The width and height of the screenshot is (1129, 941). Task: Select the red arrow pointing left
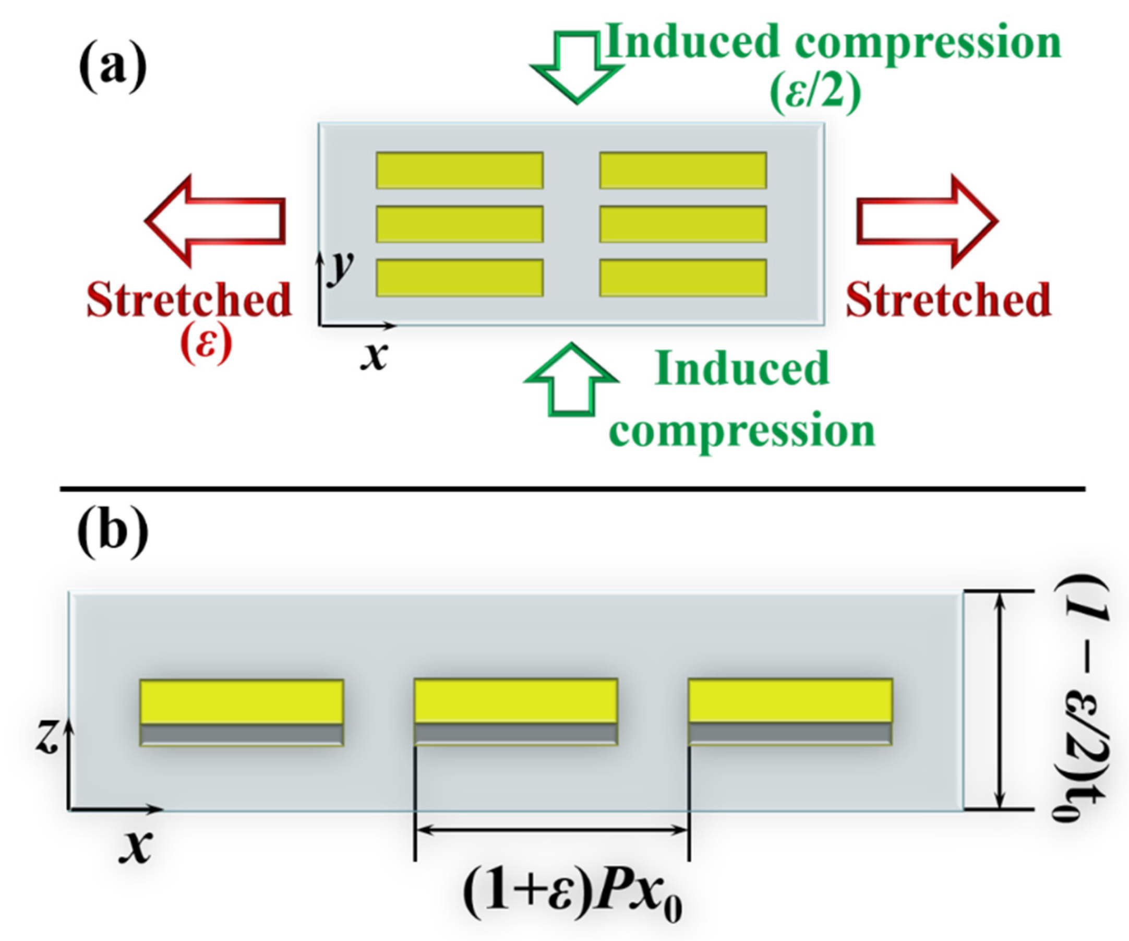click(215, 221)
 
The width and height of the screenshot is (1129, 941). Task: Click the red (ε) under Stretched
click(206, 344)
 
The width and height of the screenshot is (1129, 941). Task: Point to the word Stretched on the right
click(948, 299)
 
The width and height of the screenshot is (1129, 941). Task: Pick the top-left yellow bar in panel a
click(460, 171)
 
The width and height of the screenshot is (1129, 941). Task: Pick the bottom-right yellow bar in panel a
click(683, 278)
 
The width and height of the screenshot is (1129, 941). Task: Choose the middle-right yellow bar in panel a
click(683, 224)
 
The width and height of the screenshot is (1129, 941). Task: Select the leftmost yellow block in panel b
click(242, 702)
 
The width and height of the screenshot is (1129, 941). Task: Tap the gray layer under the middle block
click(515, 733)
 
